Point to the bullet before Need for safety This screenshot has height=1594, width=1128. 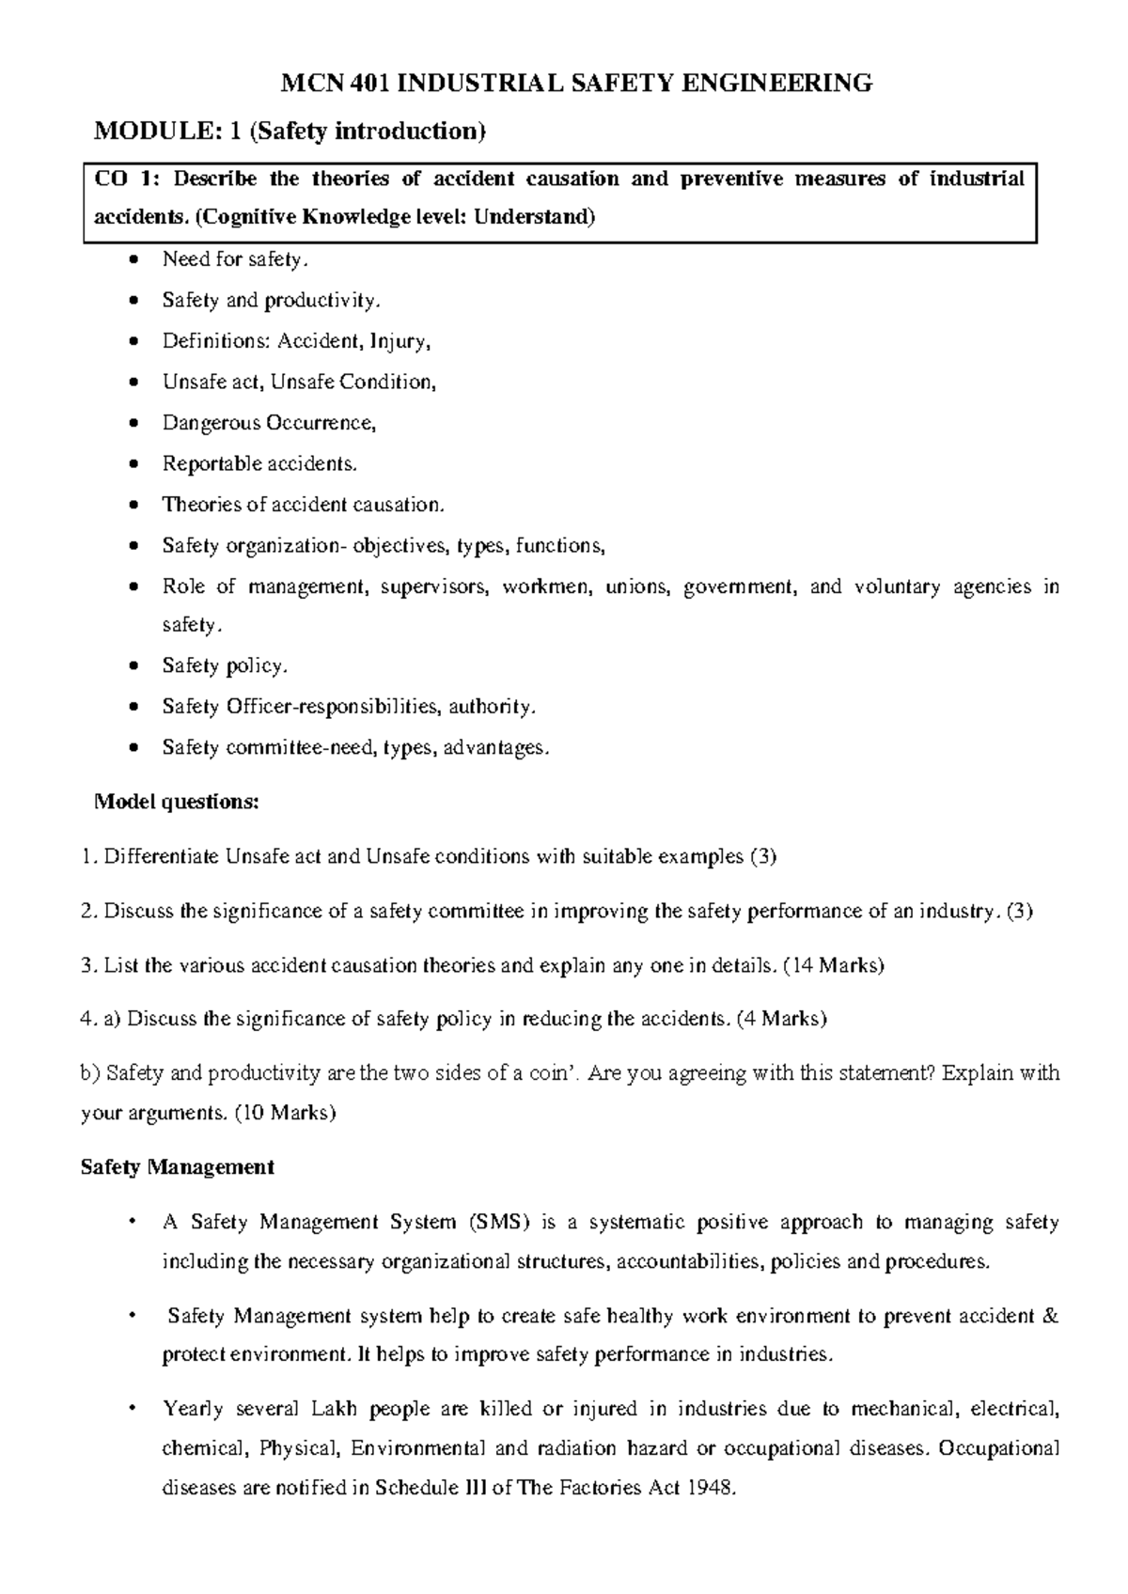tap(137, 260)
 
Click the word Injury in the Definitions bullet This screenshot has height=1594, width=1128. tap(399, 341)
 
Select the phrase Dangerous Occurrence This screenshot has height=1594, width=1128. tap(268, 423)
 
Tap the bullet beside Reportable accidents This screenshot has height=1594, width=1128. tap(137, 464)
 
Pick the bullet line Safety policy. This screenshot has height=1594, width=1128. tap(224, 666)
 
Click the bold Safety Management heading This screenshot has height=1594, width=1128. tap(178, 1167)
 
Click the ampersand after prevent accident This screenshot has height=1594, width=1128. tap(1051, 1316)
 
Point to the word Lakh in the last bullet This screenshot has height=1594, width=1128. tap(332, 1409)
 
